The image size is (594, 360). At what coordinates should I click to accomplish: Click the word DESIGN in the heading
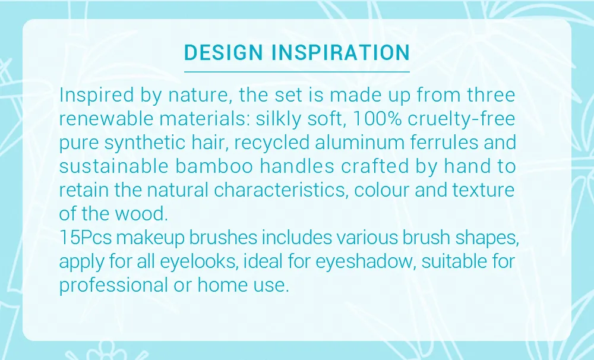(x=223, y=52)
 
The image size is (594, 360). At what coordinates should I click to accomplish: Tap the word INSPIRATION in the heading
(x=341, y=52)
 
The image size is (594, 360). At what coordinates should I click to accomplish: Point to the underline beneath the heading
(x=297, y=71)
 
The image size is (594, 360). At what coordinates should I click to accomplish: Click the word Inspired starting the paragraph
(x=97, y=95)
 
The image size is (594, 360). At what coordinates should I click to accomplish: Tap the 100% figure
(x=377, y=119)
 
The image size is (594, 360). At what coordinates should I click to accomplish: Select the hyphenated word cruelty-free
(x=462, y=119)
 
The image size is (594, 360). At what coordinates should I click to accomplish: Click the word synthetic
(x=145, y=143)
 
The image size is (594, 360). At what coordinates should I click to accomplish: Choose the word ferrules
(x=444, y=143)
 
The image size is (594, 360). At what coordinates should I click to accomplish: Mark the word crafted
(x=375, y=166)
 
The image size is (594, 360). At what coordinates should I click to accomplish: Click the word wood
(x=141, y=214)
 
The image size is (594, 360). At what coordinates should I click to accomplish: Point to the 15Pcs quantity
(x=86, y=238)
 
